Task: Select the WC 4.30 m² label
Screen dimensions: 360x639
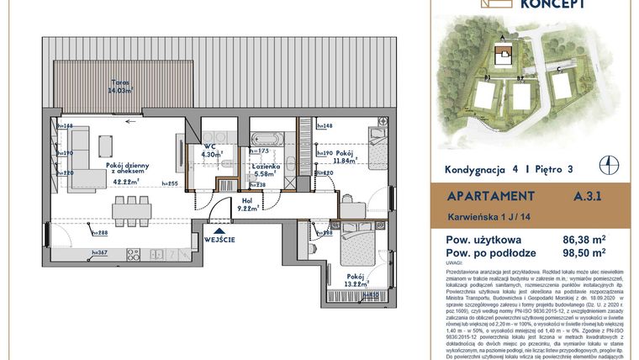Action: coord(210,151)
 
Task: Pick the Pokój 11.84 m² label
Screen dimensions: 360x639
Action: coord(345,156)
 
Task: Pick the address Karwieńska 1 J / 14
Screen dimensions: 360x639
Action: coord(487,218)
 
